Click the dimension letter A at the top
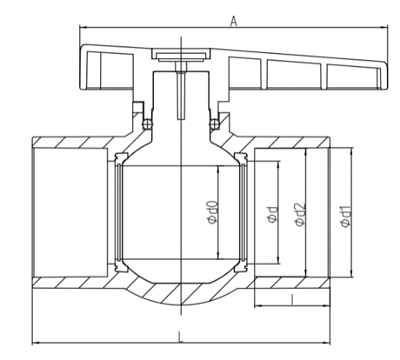point(234,22)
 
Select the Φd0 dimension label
point(209,213)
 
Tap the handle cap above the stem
point(179,54)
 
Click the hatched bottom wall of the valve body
point(179,293)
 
